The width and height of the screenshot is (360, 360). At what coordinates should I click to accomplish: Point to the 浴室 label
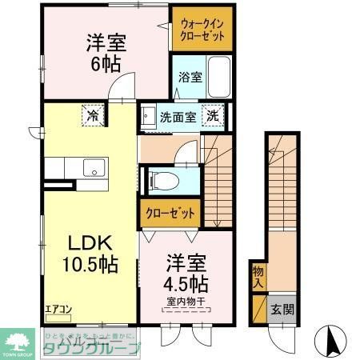tap(189, 78)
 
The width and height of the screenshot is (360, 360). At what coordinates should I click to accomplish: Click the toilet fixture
tap(157, 180)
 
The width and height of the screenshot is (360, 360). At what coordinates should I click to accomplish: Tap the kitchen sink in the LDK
tap(93, 169)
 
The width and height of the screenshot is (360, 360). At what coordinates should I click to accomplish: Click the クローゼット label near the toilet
tap(170, 214)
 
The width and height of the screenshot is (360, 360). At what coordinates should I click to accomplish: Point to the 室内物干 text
tap(187, 302)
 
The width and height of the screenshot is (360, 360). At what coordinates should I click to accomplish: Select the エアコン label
tap(57, 309)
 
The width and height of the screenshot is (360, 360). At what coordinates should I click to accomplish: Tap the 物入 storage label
tap(258, 277)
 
